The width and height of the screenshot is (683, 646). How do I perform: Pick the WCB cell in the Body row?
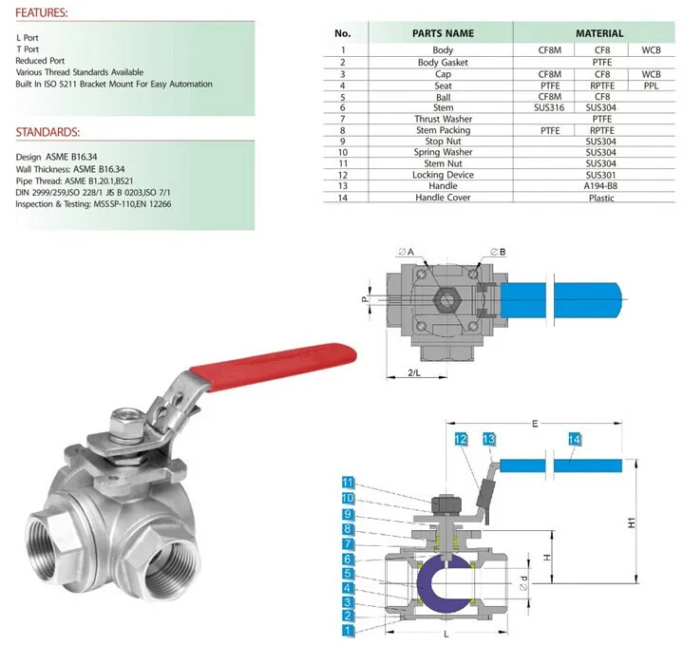pos(651,49)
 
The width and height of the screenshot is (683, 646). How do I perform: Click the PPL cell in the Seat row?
pos(651,85)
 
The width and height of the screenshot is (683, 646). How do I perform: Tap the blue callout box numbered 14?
pos(573,439)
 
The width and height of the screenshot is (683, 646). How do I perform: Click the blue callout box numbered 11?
pos(348,483)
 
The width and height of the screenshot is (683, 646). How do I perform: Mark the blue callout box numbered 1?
pos(348,630)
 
